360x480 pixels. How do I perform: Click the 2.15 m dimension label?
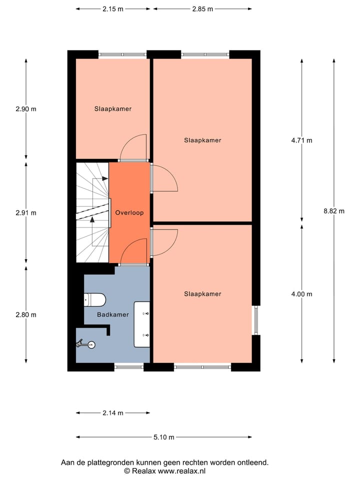click(112, 9)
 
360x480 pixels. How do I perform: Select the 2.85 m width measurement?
click(202, 9)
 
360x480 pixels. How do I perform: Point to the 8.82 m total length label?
click(334, 211)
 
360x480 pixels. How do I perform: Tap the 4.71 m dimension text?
click(302, 140)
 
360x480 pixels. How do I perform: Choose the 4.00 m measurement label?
click(302, 294)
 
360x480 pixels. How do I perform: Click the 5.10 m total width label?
click(163, 437)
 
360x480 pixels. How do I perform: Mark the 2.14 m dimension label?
click(112, 413)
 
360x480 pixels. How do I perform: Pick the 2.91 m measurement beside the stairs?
click(26, 212)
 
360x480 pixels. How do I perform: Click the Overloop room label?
click(129, 212)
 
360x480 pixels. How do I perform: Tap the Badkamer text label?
click(113, 315)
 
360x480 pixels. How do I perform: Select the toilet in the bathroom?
click(94, 300)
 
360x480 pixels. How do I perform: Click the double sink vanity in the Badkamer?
click(142, 324)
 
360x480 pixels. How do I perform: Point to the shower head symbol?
click(85, 344)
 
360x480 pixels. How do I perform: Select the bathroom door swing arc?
click(132, 250)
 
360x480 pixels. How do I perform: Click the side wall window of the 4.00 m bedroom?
click(255, 320)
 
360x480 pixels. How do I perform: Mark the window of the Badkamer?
click(129, 367)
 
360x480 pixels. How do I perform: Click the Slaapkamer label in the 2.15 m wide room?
click(113, 108)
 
